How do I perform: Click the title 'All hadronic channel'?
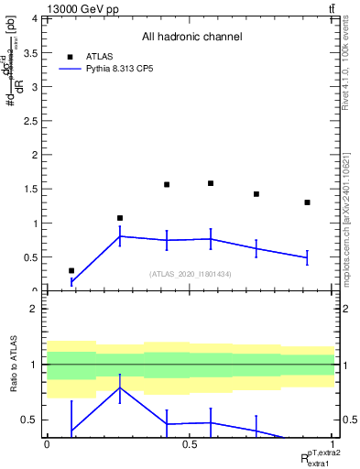coord(191,38)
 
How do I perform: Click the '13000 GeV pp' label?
coord(82,9)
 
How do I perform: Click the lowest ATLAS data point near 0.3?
coord(71,270)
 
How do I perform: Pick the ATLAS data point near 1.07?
coord(120,218)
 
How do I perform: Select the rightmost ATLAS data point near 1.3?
coord(307,202)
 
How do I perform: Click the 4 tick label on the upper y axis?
coord(35,18)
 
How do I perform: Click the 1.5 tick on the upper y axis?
coord(34,189)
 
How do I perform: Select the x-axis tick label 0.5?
coord(191,444)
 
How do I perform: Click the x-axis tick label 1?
coord(333,444)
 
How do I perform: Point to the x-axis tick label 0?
coord(47,444)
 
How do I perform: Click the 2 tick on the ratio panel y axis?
coord(35,309)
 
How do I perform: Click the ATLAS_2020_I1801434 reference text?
coord(191,274)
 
